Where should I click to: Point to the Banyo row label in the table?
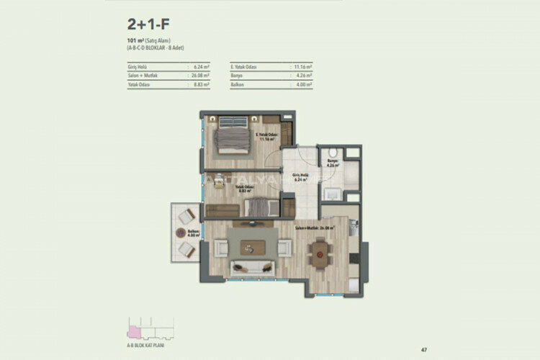(x=240, y=75)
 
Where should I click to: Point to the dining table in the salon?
(x=319, y=251)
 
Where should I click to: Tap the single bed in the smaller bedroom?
(x=260, y=207)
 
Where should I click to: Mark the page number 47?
(x=425, y=349)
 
